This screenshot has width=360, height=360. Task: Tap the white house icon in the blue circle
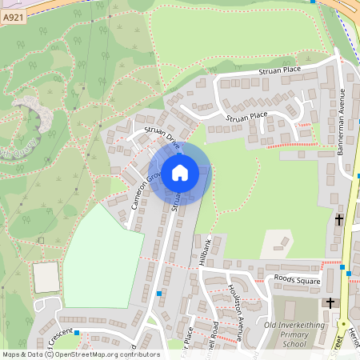pos(179,173)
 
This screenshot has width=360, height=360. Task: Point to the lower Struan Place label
pos(246,117)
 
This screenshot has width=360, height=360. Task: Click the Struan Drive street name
pos(162,138)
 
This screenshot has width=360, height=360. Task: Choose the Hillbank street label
pos(206,250)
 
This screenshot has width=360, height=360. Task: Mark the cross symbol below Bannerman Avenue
pos(339,218)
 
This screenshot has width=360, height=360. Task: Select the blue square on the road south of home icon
pos(160,294)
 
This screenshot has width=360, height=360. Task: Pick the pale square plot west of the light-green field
pos(46,278)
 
